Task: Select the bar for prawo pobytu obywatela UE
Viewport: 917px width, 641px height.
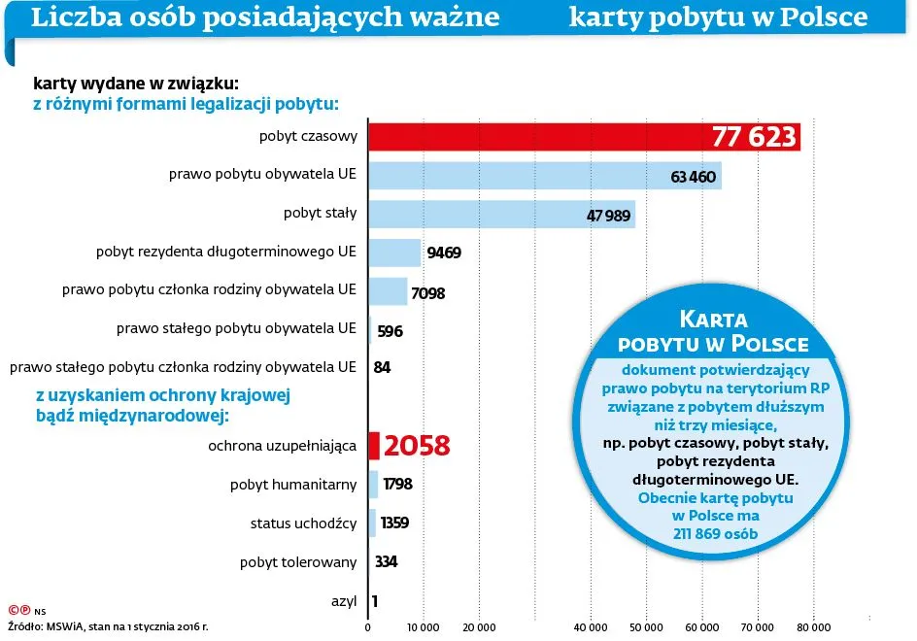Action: (x=544, y=176)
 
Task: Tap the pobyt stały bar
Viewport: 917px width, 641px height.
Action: (x=500, y=214)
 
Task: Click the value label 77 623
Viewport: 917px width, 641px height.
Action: (x=754, y=138)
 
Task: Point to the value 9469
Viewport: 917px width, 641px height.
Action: (x=444, y=253)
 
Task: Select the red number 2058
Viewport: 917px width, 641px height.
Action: (x=417, y=446)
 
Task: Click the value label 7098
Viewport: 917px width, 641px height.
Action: (x=427, y=292)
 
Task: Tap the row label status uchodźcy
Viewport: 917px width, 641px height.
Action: (x=303, y=523)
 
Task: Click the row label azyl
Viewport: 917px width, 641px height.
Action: (x=343, y=601)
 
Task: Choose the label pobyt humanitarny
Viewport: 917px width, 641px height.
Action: (x=292, y=485)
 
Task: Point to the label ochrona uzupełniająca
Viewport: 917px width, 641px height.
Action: (x=282, y=446)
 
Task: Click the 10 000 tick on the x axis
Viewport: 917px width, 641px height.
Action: (x=424, y=627)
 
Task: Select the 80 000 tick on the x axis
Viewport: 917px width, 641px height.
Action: (x=813, y=627)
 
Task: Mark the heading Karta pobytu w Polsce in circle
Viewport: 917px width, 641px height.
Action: (x=713, y=331)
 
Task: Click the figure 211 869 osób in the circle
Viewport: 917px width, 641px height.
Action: (x=714, y=533)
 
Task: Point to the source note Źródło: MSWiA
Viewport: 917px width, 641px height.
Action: (x=107, y=627)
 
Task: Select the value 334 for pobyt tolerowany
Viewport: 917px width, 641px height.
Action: (x=386, y=562)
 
